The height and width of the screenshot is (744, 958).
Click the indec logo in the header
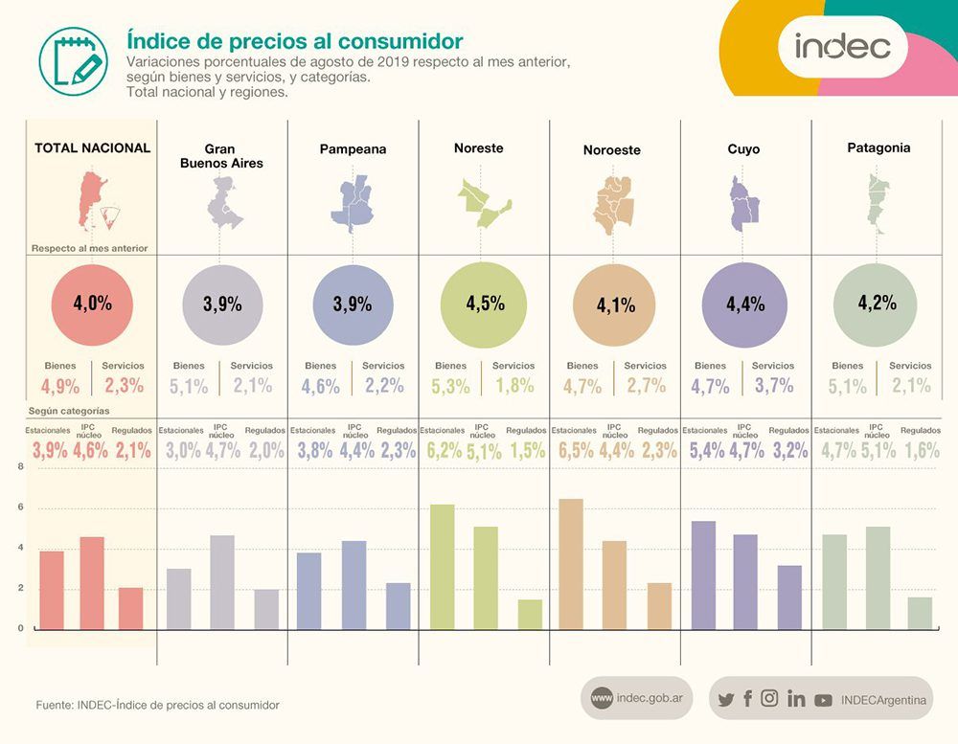[x=842, y=46]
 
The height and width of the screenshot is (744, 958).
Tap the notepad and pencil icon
[x=74, y=61]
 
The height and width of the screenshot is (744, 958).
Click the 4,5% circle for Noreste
[x=483, y=304]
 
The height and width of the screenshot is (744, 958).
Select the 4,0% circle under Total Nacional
[x=92, y=304]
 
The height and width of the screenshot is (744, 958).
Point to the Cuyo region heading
[x=743, y=149]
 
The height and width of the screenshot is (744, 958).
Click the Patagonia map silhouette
[x=877, y=203]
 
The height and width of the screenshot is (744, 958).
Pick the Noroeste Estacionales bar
[x=571, y=564]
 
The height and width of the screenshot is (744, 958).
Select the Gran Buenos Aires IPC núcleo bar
[x=222, y=582]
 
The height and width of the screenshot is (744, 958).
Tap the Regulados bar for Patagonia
[x=920, y=613]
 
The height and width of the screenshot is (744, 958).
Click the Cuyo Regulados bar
[x=789, y=597]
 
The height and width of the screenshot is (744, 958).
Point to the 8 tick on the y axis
[x=21, y=466]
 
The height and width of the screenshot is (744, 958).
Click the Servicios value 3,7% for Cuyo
[x=773, y=386]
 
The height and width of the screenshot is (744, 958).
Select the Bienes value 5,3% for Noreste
[x=451, y=386]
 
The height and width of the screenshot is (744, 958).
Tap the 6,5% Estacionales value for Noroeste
[x=576, y=451]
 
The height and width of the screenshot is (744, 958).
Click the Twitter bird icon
[x=726, y=699]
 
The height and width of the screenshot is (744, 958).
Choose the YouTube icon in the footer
[x=823, y=700]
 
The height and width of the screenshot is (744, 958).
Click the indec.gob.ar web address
[x=650, y=698]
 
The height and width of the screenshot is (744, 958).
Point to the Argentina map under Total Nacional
[x=98, y=200]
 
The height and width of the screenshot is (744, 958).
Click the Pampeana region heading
[x=354, y=149]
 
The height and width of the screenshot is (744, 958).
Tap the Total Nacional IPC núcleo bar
[x=92, y=583]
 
